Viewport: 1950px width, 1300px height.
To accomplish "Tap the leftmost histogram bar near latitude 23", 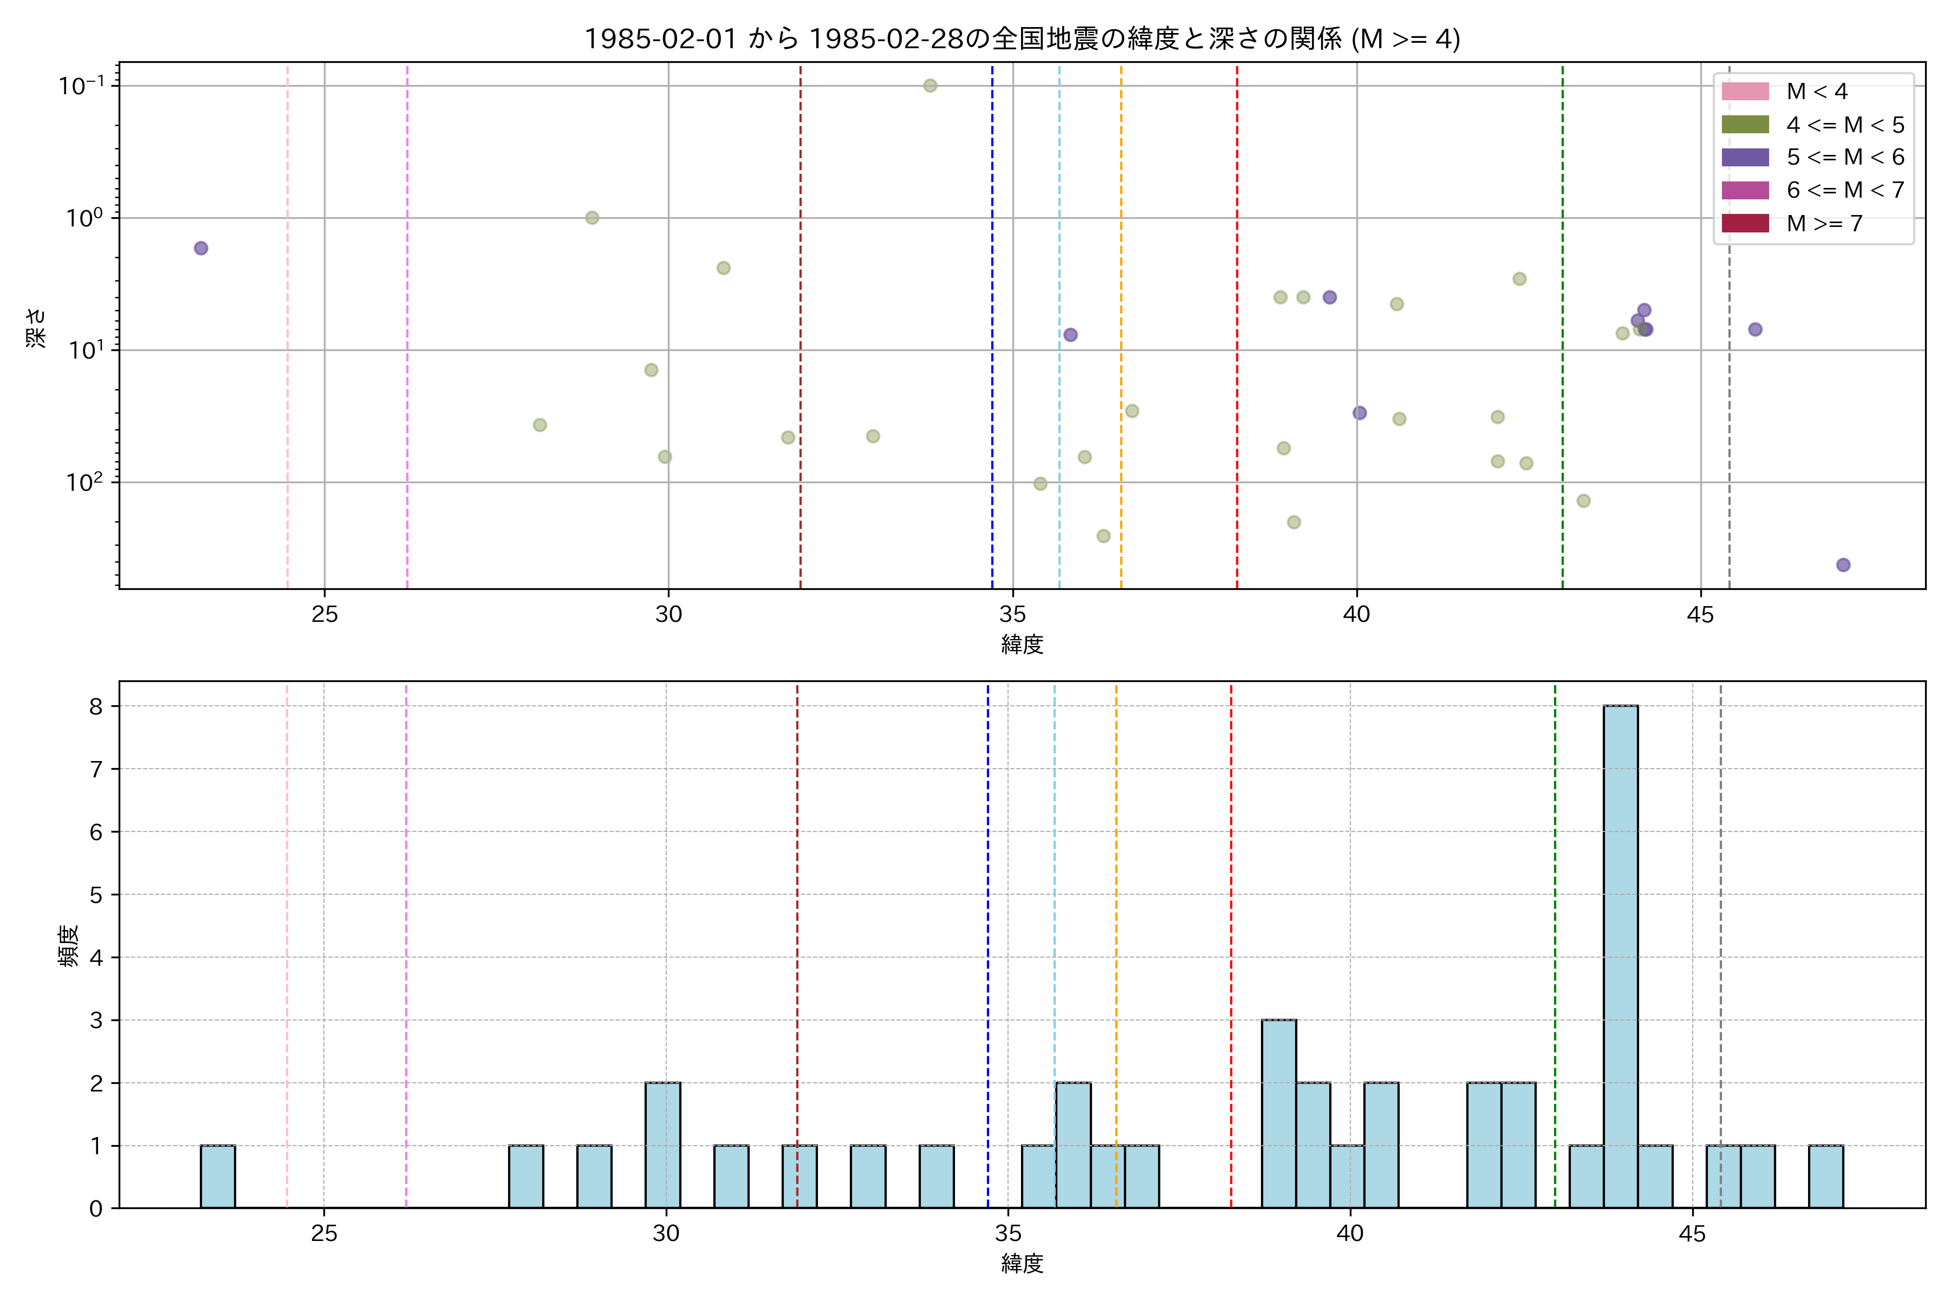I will coord(217,1176).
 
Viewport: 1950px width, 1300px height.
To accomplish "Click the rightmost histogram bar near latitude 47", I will coord(1825,1176).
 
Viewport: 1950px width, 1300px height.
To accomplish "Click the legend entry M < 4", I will coord(1816,91).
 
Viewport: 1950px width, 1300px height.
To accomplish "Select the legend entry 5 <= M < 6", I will coord(1845,158).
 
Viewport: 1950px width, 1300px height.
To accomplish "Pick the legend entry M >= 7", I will coord(1824,223).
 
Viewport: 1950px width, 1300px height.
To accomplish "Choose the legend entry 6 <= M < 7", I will coord(1845,190).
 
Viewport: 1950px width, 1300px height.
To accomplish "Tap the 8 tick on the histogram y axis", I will coord(96,706).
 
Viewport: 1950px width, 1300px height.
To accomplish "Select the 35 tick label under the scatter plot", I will coord(1012,614).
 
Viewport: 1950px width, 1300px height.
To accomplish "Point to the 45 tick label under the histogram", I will coord(1691,1234).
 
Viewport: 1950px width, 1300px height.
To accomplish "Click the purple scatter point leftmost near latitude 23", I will coord(200,248).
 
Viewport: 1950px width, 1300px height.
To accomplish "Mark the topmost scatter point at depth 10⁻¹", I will coord(930,86).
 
